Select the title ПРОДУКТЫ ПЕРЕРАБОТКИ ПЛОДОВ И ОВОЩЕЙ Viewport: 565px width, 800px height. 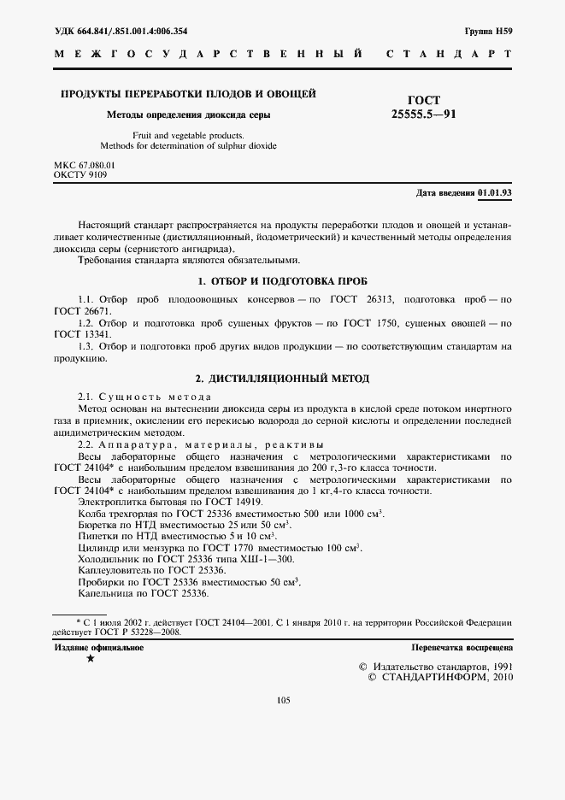pos(188,93)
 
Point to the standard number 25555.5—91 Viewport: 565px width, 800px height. pos(423,114)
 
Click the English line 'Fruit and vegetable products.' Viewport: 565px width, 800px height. pos(188,135)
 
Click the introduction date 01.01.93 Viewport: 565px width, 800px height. pos(495,193)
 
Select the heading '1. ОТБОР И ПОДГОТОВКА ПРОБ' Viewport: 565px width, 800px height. pos(282,280)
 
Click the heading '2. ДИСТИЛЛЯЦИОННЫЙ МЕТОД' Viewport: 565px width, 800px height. pos(282,378)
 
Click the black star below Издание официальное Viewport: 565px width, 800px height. pos(91,659)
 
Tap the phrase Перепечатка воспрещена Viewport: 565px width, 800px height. pos(461,649)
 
